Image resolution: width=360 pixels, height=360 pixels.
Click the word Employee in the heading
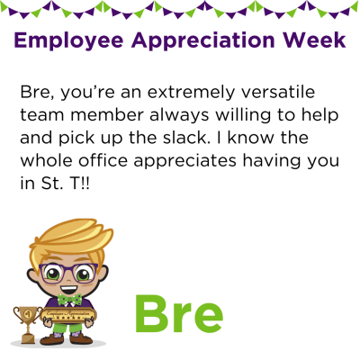68,40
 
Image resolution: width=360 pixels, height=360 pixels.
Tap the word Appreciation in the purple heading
202,40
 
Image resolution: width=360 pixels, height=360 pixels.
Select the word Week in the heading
315,40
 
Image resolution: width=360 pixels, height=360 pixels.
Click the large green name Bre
179,314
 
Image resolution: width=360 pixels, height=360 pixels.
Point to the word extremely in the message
190,93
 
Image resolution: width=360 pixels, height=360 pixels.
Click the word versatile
278,92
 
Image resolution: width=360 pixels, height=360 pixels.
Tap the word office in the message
103,160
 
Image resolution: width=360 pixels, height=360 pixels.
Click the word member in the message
107,115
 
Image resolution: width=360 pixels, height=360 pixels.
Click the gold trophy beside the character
27,325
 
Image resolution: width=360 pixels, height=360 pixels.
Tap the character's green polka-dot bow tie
69,299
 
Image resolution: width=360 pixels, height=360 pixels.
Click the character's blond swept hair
71,240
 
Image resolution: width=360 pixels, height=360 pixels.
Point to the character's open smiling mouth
68,289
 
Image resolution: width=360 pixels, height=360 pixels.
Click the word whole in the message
47,160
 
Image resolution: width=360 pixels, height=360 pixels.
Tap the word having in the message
269,162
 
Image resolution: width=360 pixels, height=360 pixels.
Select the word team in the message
42,115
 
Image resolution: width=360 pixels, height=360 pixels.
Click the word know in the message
251,138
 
